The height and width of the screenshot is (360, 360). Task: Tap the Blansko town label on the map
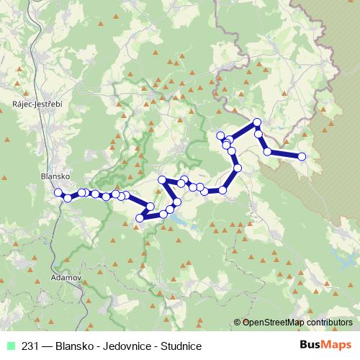coord(55,176)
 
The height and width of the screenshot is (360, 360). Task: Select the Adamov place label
coord(67,276)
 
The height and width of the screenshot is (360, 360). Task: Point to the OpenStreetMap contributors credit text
coord(297,323)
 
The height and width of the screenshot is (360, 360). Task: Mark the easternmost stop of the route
coord(302,156)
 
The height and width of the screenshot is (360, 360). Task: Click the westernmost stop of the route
coord(58,192)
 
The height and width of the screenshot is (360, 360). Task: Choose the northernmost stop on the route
coord(257,122)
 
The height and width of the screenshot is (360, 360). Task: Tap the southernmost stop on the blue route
coord(140,218)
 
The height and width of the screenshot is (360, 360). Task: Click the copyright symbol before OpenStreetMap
coord(238,323)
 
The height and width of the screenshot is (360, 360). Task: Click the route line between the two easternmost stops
coord(285,154)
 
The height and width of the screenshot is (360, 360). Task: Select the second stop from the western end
coord(68,197)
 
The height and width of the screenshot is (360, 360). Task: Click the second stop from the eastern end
coord(268,151)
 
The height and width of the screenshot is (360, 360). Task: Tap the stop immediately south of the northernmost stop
coord(259,134)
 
